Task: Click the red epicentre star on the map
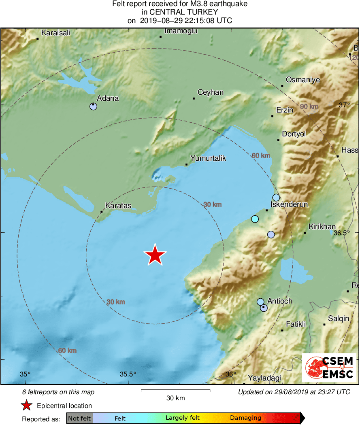(x=155, y=255)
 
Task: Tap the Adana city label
(x=108, y=98)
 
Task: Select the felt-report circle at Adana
(x=94, y=106)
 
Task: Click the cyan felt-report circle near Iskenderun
(x=255, y=219)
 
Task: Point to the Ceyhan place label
(x=210, y=92)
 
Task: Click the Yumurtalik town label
(x=208, y=158)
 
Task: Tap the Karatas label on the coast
(x=118, y=206)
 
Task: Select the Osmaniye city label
(x=303, y=80)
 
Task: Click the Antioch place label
(x=280, y=301)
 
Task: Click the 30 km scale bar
(x=175, y=391)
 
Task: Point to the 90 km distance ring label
(x=309, y=106)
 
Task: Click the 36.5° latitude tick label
(x=341, y=233)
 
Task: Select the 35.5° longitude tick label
(x=128, y=374)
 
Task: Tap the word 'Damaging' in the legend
(x=245, y=418)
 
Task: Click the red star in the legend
(x=27, y=406)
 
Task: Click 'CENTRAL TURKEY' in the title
(x=180, y=12)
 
